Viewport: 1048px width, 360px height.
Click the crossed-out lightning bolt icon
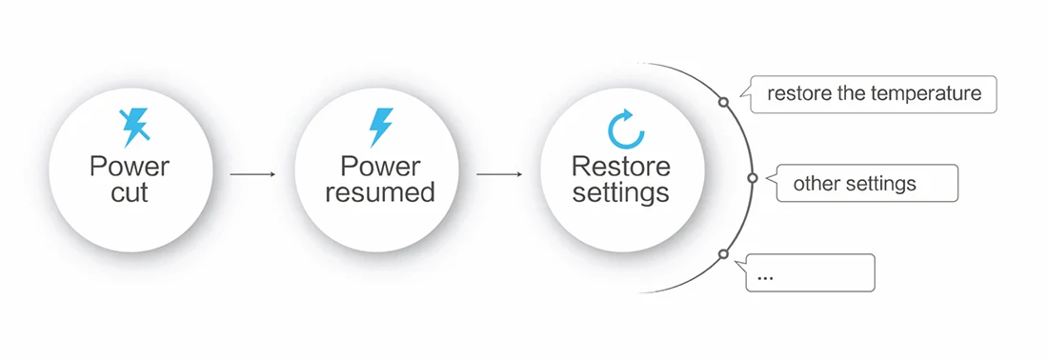pyautogui.click(x=133, y=128)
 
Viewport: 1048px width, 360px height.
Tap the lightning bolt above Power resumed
pyautogui.click(x=381, y=128)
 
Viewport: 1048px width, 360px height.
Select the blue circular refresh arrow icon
pyautogui.click(x=626, y=129)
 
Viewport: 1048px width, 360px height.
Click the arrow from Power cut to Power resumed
pyautogui.click(x=252, y=174)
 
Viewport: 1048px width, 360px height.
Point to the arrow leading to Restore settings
pyautogui.click(x=499, y=174)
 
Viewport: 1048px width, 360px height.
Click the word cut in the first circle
pyautogui.click(x=130, y=193)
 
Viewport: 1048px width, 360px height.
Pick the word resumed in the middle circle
pyautogui.click(x=379, y=192)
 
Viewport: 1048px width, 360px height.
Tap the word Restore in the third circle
pyautogui.click(x=621, y=166)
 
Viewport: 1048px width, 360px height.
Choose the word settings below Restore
pyautogui.click(x=621, y=193)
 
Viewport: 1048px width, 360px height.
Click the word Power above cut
pyautogui.click(x=130, y=166)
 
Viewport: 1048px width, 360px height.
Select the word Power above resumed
pyautogui.click(x=380, y=166)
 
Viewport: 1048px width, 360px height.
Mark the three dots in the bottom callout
pyautogui.click(x=766, y=276)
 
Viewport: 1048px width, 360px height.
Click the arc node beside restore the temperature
pyautogui.click(x=723, y=102)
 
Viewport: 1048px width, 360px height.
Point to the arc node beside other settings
pyautogui.click(x=752, y=178)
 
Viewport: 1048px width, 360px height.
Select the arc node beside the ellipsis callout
pyautogui.click(x=722, y=254)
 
